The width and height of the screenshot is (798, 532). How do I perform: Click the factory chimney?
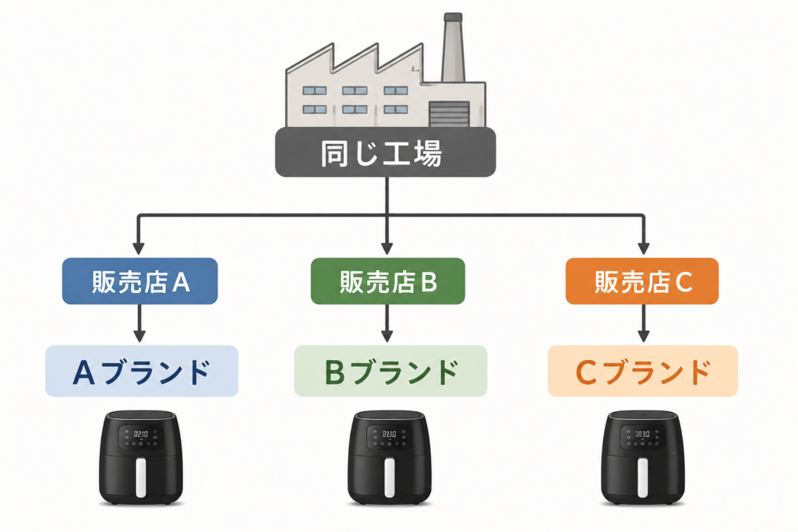click(453, 48)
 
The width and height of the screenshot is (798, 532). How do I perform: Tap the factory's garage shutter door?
click(449, 114)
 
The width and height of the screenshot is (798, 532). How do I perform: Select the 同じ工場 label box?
click(385, 152)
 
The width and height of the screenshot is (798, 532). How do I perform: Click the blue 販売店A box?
click(140, 281)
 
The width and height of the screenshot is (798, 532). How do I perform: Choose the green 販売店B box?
click(388, 281)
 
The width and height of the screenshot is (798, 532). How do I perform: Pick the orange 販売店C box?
click(642, 281)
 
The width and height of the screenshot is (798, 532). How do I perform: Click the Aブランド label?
click(142, 372)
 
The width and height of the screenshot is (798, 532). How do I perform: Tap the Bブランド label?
click(391, 372)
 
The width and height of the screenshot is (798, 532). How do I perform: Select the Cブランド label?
click(643, 372)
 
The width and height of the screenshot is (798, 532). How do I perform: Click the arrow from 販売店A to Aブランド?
click(139, 323)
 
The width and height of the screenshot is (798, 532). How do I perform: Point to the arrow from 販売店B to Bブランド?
click(387, 323)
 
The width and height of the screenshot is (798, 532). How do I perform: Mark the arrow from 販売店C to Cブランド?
click(643, 323)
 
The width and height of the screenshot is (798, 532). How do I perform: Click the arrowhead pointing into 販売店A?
click(139, 248)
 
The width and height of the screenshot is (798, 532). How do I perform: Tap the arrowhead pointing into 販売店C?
click(643, 248)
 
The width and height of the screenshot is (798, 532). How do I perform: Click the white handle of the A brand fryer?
click(140, 477)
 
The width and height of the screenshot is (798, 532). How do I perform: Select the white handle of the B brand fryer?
click(390, 477)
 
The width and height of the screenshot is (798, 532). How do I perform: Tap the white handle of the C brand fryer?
click(643, 477)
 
